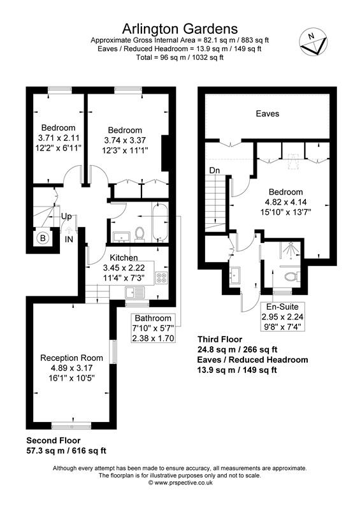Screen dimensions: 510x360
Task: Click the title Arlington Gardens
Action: [180, 29]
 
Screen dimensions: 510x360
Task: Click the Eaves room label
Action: [268, 113]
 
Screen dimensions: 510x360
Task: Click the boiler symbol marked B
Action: [43, 238]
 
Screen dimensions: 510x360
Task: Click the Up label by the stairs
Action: [66, 216]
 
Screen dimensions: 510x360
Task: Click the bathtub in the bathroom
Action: [159, 223]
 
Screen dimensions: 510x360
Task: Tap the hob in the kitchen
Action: [161, 278]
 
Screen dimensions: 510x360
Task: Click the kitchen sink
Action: [135, 293]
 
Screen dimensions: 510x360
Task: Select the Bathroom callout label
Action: [153, 318]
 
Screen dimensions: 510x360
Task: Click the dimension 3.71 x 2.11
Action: [58, 138]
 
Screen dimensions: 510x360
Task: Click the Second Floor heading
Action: [54, 441]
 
